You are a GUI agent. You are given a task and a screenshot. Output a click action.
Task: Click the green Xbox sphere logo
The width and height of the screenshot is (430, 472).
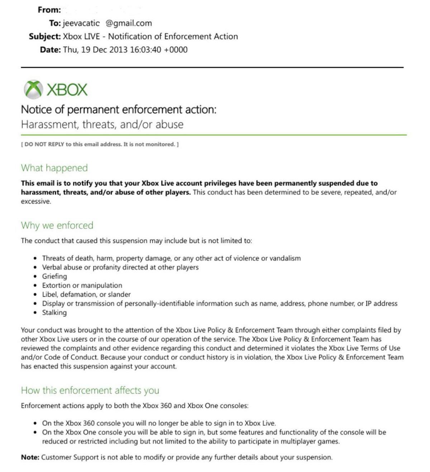click(x=33, y=89)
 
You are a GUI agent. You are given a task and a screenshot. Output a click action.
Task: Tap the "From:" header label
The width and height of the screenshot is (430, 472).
click(x=49, y=10)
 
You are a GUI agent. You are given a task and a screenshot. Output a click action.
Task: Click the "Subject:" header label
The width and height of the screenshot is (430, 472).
click(x=45, y=37)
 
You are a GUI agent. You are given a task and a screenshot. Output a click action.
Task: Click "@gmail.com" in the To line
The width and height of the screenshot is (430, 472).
click(x=129, y=23)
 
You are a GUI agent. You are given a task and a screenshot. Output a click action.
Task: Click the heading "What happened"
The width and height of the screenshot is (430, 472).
click(x=54, y=168)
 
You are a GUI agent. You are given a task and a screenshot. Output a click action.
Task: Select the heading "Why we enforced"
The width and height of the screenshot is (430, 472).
click(x=57, y=225)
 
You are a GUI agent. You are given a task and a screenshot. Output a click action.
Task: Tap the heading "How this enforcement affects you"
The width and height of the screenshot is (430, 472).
click(x=90, y=390)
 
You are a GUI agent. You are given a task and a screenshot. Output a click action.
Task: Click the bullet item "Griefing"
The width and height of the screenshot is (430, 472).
click(x=54, y=276)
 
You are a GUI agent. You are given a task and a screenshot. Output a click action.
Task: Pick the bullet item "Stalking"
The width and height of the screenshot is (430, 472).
click(x=54, y=312)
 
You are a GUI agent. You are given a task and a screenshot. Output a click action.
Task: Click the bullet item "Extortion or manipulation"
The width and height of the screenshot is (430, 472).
click(x=82, y=285)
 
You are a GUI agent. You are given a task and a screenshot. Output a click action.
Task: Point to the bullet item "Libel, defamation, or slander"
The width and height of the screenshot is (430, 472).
click(x=86, y=294)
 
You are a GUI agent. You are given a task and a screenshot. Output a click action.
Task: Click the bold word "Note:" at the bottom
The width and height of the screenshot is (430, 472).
click(x=30, y=457)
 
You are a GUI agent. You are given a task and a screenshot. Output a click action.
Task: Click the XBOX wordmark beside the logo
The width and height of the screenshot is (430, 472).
click(x=67, y=90)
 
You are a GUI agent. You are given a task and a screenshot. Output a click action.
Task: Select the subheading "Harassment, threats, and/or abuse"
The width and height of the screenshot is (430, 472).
click(x=102, y=124)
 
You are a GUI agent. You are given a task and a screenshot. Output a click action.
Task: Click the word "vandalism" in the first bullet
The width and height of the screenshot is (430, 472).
click(x=285, y=258)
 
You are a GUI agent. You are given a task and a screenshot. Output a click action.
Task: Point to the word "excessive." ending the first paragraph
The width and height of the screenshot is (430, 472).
click(x=36, y=201)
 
